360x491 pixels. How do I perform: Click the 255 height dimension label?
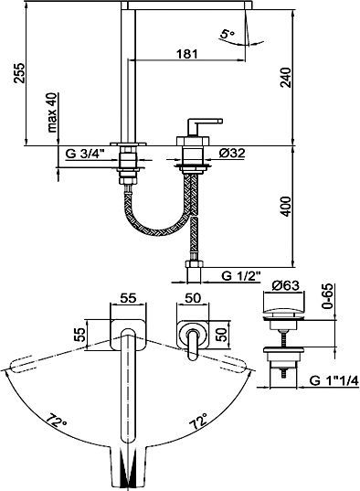(x=19, y=73)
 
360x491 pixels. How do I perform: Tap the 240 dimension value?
(x=285, y=77)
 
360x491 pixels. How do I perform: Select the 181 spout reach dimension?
(x=187, y=54)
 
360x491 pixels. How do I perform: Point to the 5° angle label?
(x=227, y=33)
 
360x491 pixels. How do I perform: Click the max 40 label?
(x=52, y=112)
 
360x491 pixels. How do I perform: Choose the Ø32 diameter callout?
(x=232, y=153)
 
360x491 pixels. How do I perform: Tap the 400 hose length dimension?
(x=285, y=207)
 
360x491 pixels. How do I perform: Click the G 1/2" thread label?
(x=241, y=276)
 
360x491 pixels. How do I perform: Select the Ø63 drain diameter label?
(x=285, y=285)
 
